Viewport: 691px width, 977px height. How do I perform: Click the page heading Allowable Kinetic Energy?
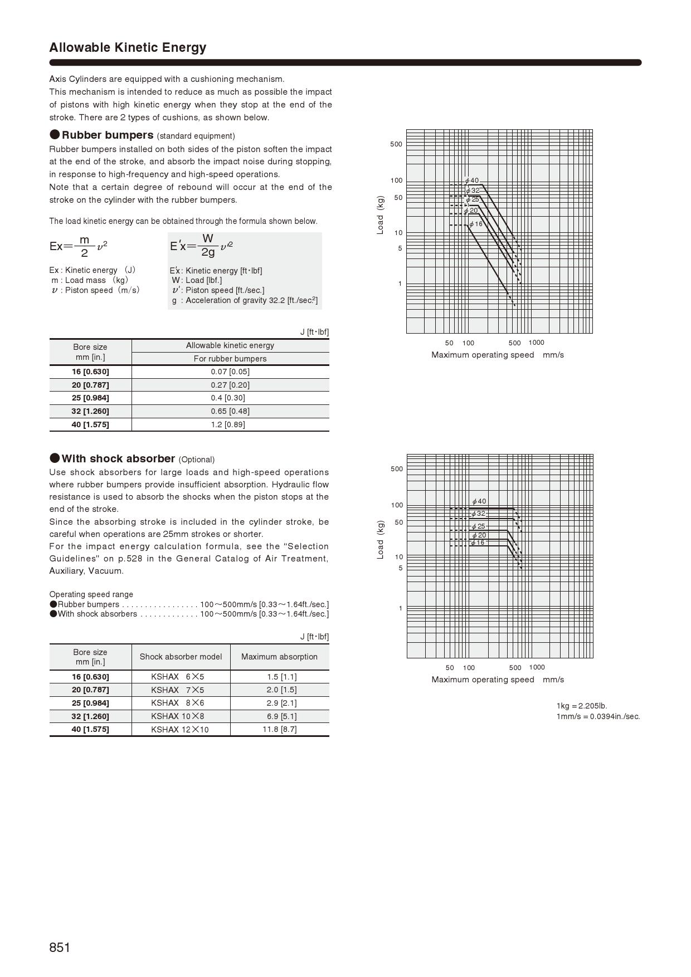click(x=128, y=47)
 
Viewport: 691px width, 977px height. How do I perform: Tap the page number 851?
click(x=60, y=947)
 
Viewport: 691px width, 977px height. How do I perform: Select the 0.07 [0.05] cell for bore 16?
click(x=230, y=372)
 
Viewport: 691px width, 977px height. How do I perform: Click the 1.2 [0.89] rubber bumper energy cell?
click(x=230, y=424)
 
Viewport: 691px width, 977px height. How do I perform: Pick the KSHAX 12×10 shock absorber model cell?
click(x=180, y=730)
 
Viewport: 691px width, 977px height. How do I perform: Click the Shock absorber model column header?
click(x=181, y=657)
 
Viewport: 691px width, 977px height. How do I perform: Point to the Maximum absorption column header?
click(x=279, y=657)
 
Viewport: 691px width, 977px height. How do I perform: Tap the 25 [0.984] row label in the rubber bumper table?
click(x=90, y=398)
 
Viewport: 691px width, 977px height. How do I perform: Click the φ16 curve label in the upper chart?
click(x=476, y=224)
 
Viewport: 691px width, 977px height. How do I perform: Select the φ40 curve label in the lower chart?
click(x=479, y=501)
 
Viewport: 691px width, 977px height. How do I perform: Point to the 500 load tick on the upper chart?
click(x=396, y=144)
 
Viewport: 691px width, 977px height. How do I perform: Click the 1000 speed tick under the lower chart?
click(x=537, y=667)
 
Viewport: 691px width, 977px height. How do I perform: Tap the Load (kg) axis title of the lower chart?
click(x=381, y=540)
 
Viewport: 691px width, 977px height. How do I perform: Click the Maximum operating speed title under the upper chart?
click(x=497, y=355)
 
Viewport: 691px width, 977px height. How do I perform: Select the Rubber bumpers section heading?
click(x=107, y=135)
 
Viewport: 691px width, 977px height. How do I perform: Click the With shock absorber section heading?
click(x=118, y=458)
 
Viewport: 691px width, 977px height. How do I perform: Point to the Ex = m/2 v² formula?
click(x=79, y=246)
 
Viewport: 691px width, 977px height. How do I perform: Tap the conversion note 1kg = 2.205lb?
click(x=582, y=706)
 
